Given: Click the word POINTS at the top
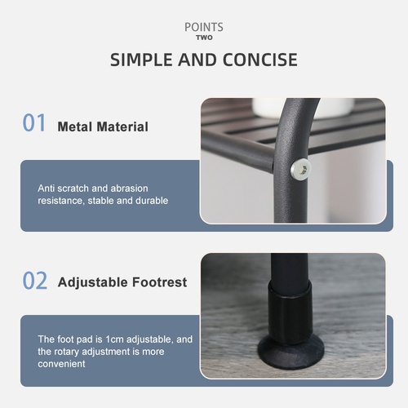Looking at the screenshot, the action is [x=204, y=27].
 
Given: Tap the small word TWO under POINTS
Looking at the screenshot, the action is [x=204, y=38].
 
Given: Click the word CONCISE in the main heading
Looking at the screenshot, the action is [x=260, y=60].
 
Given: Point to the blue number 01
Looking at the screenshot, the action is [x=34, y=122].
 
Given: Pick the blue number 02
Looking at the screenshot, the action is [x=35, y=281].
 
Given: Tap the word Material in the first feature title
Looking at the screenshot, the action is [x=122, y=126].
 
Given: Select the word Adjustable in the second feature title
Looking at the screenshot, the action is [x=92, y=282].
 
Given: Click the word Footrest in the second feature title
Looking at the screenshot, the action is [x=159, y=282].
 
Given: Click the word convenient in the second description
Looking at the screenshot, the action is [x=61, y=364].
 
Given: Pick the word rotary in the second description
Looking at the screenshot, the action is [x=67, y=352].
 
